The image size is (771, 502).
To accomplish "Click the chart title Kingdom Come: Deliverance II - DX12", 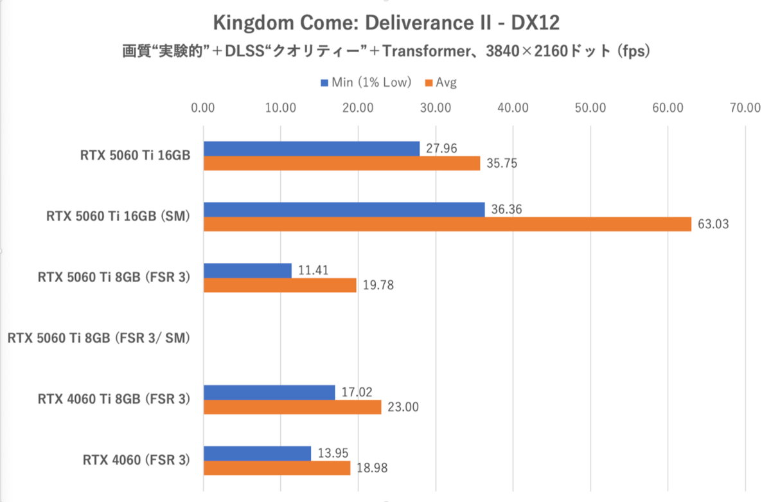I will coord(385,23).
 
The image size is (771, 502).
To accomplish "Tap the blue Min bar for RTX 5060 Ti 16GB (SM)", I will coord(344,210).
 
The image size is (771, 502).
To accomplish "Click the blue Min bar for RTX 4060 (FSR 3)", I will coord(257,453).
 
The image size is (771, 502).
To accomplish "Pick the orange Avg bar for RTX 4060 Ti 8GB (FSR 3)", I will coord(292,408).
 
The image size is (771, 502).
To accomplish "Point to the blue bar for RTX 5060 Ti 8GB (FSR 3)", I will coord(247,270).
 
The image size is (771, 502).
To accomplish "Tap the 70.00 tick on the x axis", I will coord(745,108).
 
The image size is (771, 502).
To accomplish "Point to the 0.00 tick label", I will coord(203,108).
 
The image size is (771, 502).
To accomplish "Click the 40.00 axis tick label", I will coord(513,108).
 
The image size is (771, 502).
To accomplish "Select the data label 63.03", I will coord(712,225).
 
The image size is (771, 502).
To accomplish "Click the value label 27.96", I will coord(440,148).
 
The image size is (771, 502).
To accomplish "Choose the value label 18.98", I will coord(371,469).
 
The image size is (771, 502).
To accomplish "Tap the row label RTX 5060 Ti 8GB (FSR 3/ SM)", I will coord(100,338).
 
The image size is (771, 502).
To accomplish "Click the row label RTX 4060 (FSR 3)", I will coord(136,460).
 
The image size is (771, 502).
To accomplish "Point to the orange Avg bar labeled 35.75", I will coord(341,163).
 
